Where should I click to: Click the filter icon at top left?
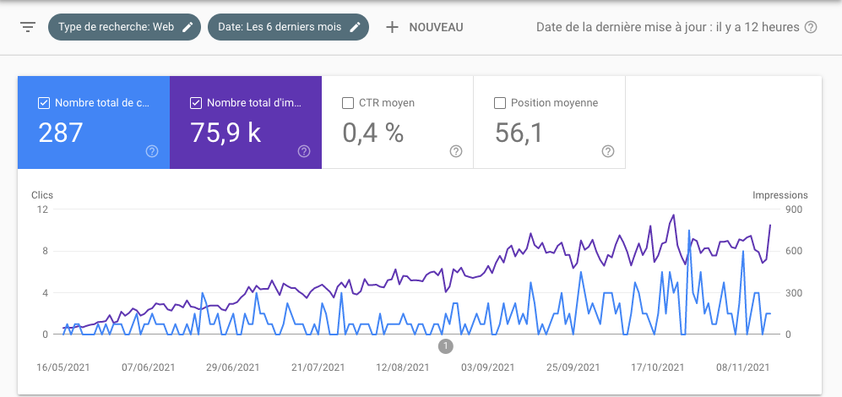pyautogui.click(x=28, y=27)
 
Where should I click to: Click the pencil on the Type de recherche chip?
pyautogui.click(x=187, y=27)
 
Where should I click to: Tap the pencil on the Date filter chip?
pyautogui.click(x=356, y=27)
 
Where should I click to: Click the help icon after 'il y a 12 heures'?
pyautogui.click(x=811, y=27)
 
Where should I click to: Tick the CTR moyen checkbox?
pyautogui.click(x=348, y=103)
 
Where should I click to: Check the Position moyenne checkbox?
pyautogui.click(x=500, y=103)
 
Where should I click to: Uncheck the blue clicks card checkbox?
pyautogui.click(x=44, y=103)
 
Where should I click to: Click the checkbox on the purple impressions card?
pyautogui.click(x=196, y=103)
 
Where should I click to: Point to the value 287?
pyautogui.click(x=61, y=133)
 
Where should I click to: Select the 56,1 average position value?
pyautogui.click(x=519, y=133)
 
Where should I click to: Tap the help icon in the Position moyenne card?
pyautogui.click(x=608, y=151)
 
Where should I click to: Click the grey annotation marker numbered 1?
pyautogui.click(x=446, y=345)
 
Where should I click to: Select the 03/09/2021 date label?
pyautogui.click(x=488, y=367)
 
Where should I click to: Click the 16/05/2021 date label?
pyautogui.click(x=63, y=367)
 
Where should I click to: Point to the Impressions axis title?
pyautogui.click(x=780, y=195)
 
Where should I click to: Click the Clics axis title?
pyautogui.click(x=42, y=195)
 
